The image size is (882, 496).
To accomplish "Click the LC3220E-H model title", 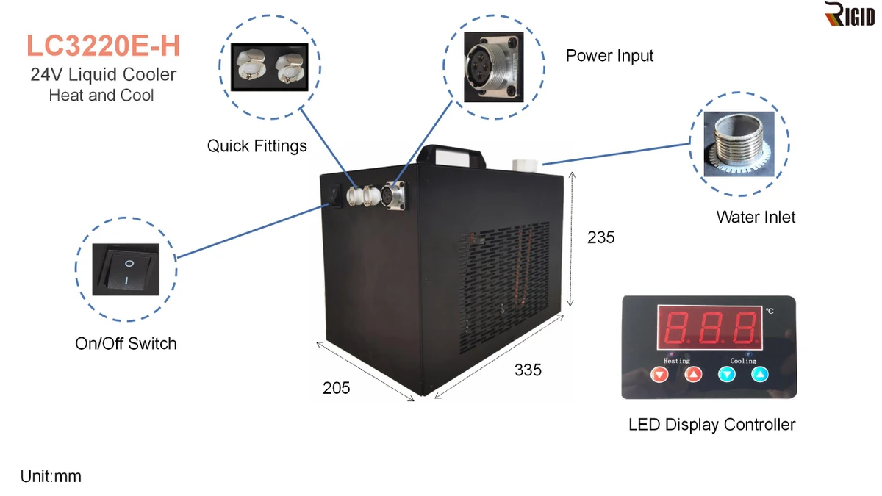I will [103, 46].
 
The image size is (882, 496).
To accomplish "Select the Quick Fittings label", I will [257, 145].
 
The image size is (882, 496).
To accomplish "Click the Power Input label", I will [609, 56].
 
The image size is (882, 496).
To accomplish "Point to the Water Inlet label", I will [756, 217].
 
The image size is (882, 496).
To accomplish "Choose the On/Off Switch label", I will [126, 343].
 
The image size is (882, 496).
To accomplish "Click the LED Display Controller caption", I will [711, 424].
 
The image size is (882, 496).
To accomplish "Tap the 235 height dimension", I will [600, 237].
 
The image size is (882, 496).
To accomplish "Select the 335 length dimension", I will [528, 370].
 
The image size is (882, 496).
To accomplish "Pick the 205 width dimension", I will [336, 388].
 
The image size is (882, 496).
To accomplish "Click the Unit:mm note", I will [51, 476].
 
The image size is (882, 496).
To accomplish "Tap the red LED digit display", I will [711, 327].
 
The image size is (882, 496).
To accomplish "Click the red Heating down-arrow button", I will [660, 375].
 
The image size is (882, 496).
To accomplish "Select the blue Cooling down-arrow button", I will [727, 375].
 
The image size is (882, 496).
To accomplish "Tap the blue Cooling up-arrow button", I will [760, 375].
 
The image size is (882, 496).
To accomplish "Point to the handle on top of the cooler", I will [451, 154].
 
